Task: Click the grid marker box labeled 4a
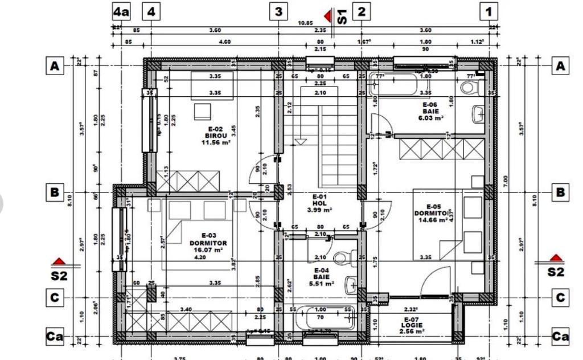pyautogui.click(x=121, y=11)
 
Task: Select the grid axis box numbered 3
pyautogui.click(x=278, y=11)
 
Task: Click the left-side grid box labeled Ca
pyautogui.click(x=55, y=337)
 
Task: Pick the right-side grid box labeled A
pyautogui.click(x=560, y=67)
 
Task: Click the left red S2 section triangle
pyautogui.click(x=59, y=261)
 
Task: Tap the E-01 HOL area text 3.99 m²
pyautogui.click(x=319, y=210)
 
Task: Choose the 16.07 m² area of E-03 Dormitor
pyautogui.click(x=208, y=249)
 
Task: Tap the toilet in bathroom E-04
pyautogui.click(x=344, y=256)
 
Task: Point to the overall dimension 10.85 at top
pyautogui.click(x=306, y=23)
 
